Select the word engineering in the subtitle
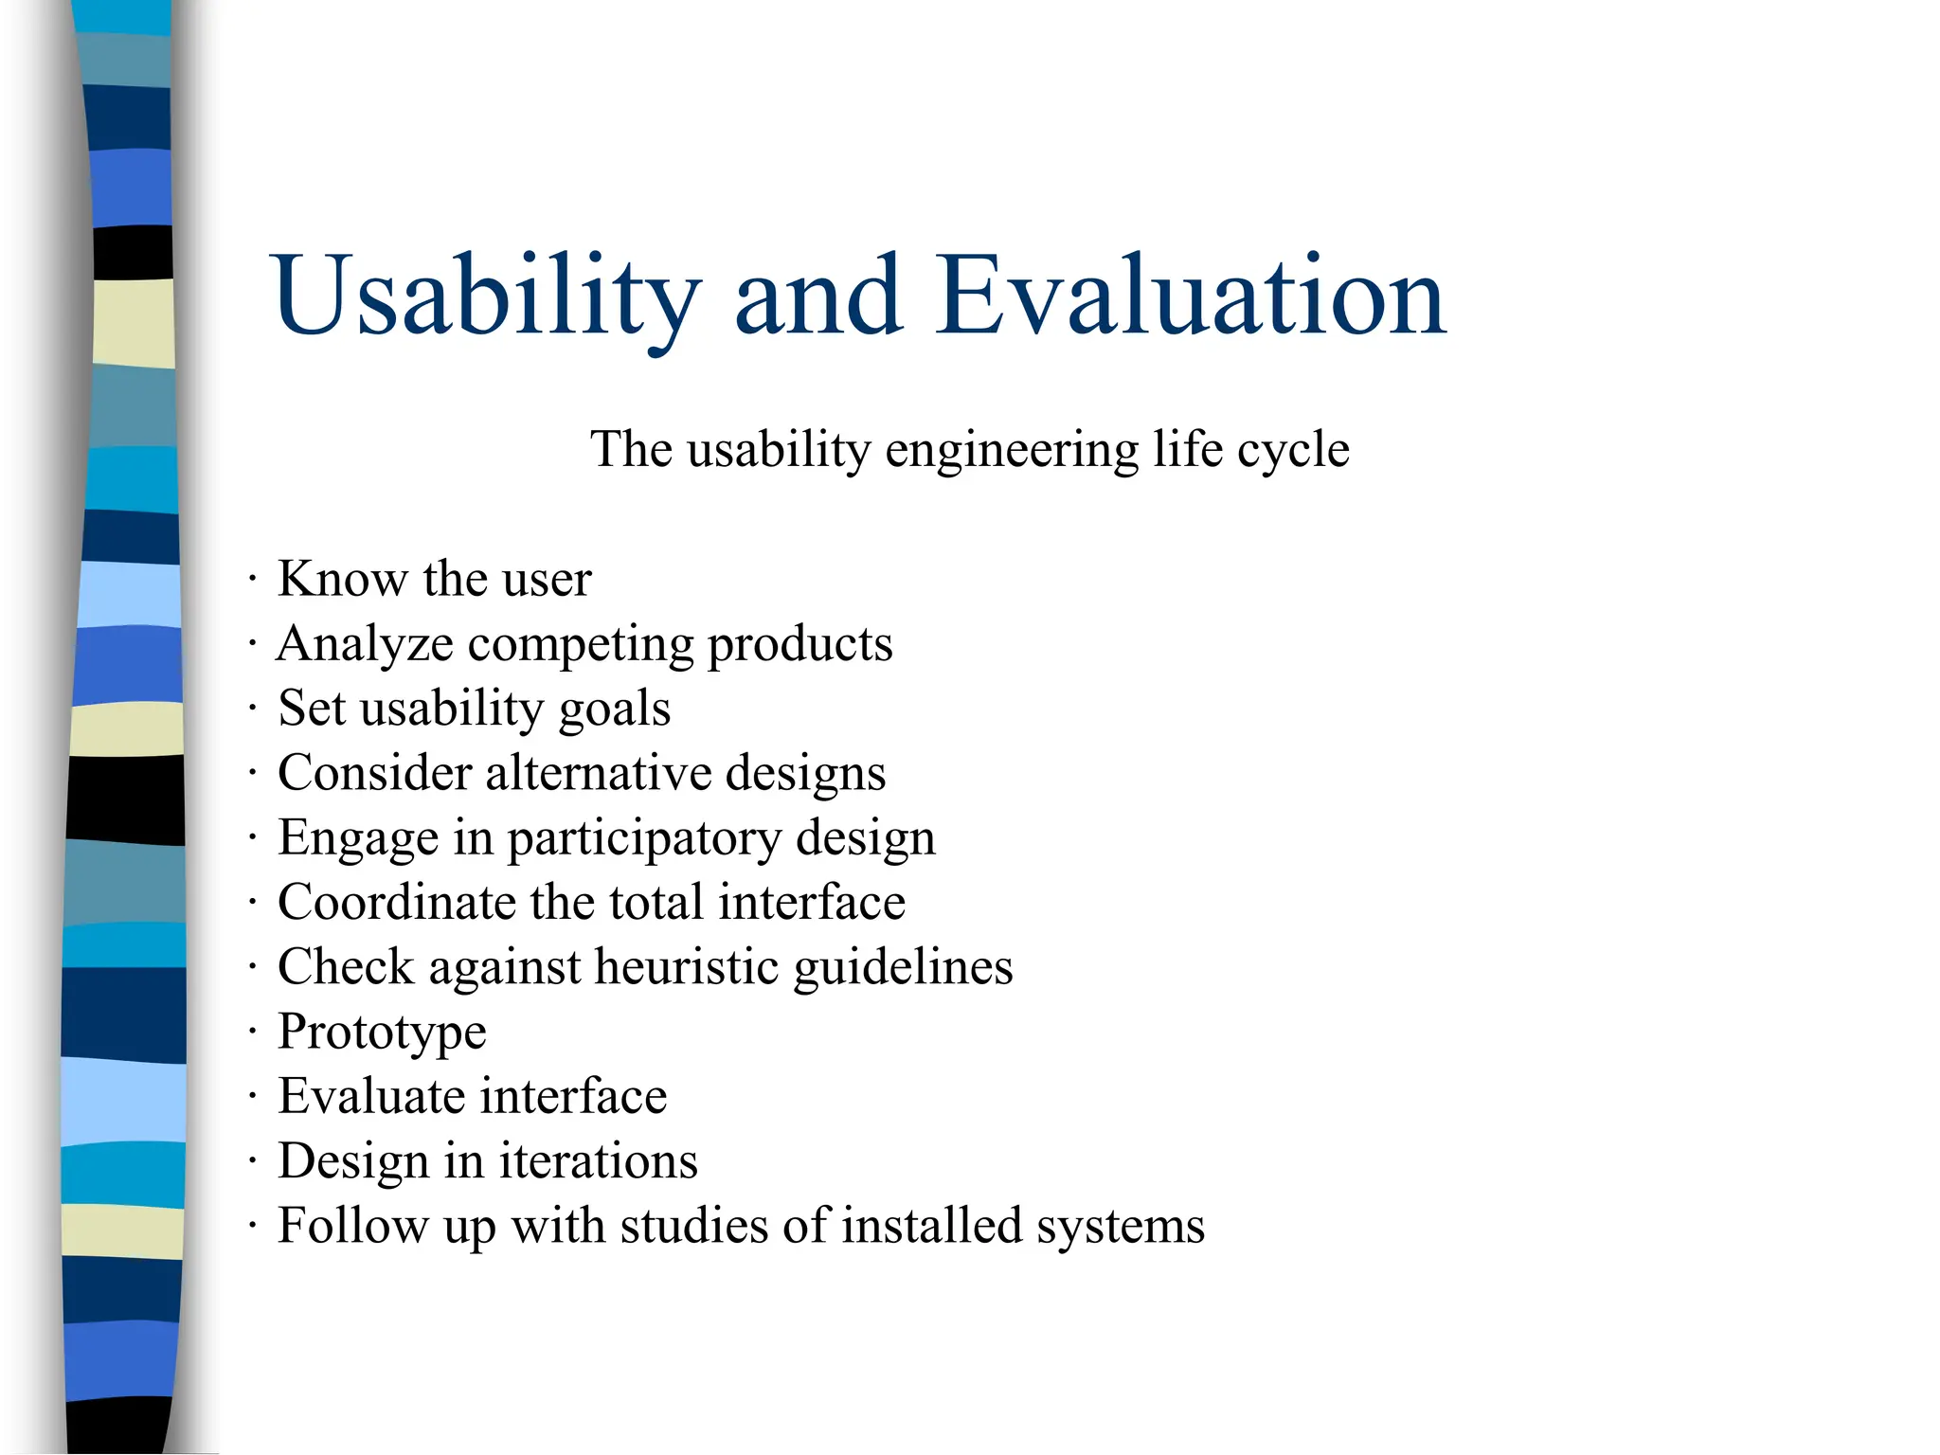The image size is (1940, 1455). click(1012, 450)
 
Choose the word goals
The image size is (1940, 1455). click(615, 710)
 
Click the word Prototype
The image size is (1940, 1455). click(382, 1033)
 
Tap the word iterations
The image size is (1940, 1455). click(599, 1160)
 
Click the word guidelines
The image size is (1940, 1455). click(903, 967)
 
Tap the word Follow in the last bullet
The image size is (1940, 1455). click(352, 1225)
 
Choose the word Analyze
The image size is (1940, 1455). click(365, 645)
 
